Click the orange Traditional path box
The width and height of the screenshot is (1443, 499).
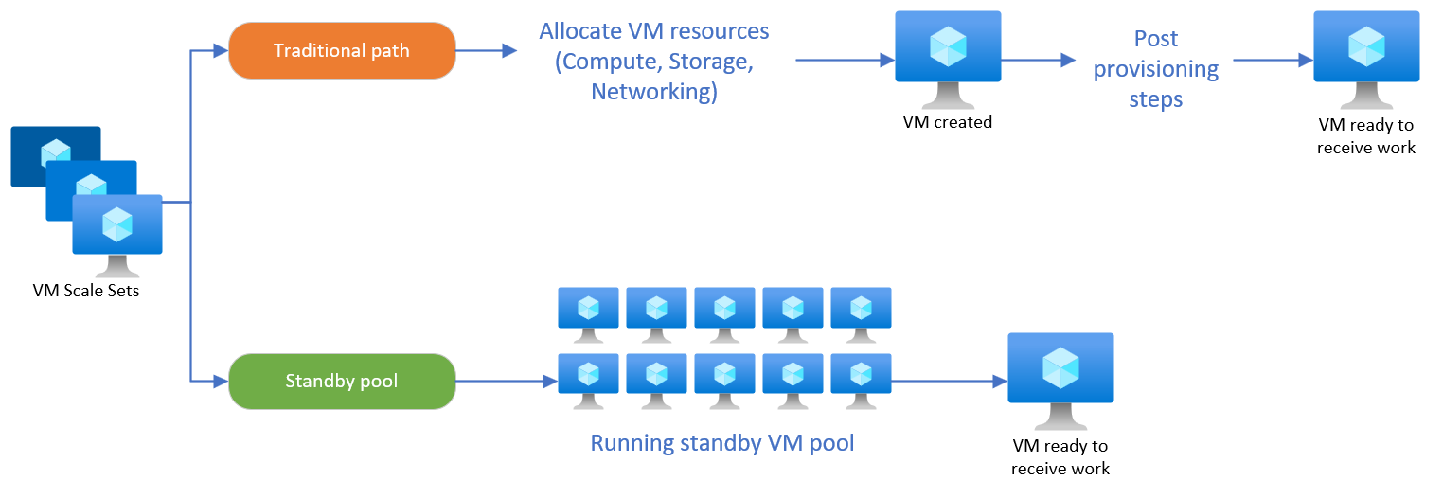point(342,50)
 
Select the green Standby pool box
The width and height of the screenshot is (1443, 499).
point(342,382)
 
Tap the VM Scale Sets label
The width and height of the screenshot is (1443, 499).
point(86,291)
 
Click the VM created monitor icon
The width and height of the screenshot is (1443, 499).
point(948,56)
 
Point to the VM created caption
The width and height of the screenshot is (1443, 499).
point(948,122)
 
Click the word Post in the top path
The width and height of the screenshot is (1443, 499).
point(1156,39)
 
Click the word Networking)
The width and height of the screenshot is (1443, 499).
point(654,92)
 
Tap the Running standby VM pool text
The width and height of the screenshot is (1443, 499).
point(722,443)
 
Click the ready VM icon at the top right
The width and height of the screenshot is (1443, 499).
point(1366,57)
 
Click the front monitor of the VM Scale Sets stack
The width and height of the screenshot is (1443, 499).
point(117,232)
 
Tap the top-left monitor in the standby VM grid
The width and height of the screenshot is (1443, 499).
point(588,313)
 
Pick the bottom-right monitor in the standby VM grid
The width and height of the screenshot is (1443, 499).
point(861,379)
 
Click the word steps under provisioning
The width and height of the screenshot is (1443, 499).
point(1156,99)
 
